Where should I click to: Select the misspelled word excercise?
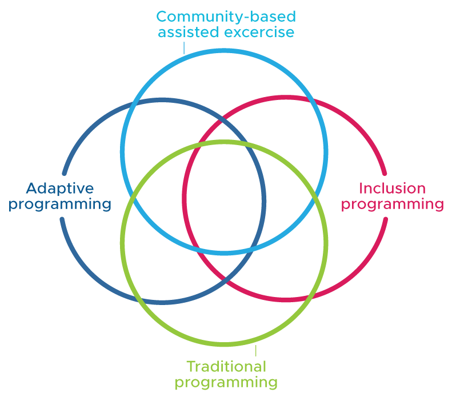(259, 32)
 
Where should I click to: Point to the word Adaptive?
(60, 188)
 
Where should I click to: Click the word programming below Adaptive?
(60, 204)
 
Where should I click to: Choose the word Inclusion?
(392, 188)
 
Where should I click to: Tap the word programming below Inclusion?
(392, 204)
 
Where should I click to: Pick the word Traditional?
(226, 366)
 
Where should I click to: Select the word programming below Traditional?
(226, 382)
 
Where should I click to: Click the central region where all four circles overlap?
(224, 197)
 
